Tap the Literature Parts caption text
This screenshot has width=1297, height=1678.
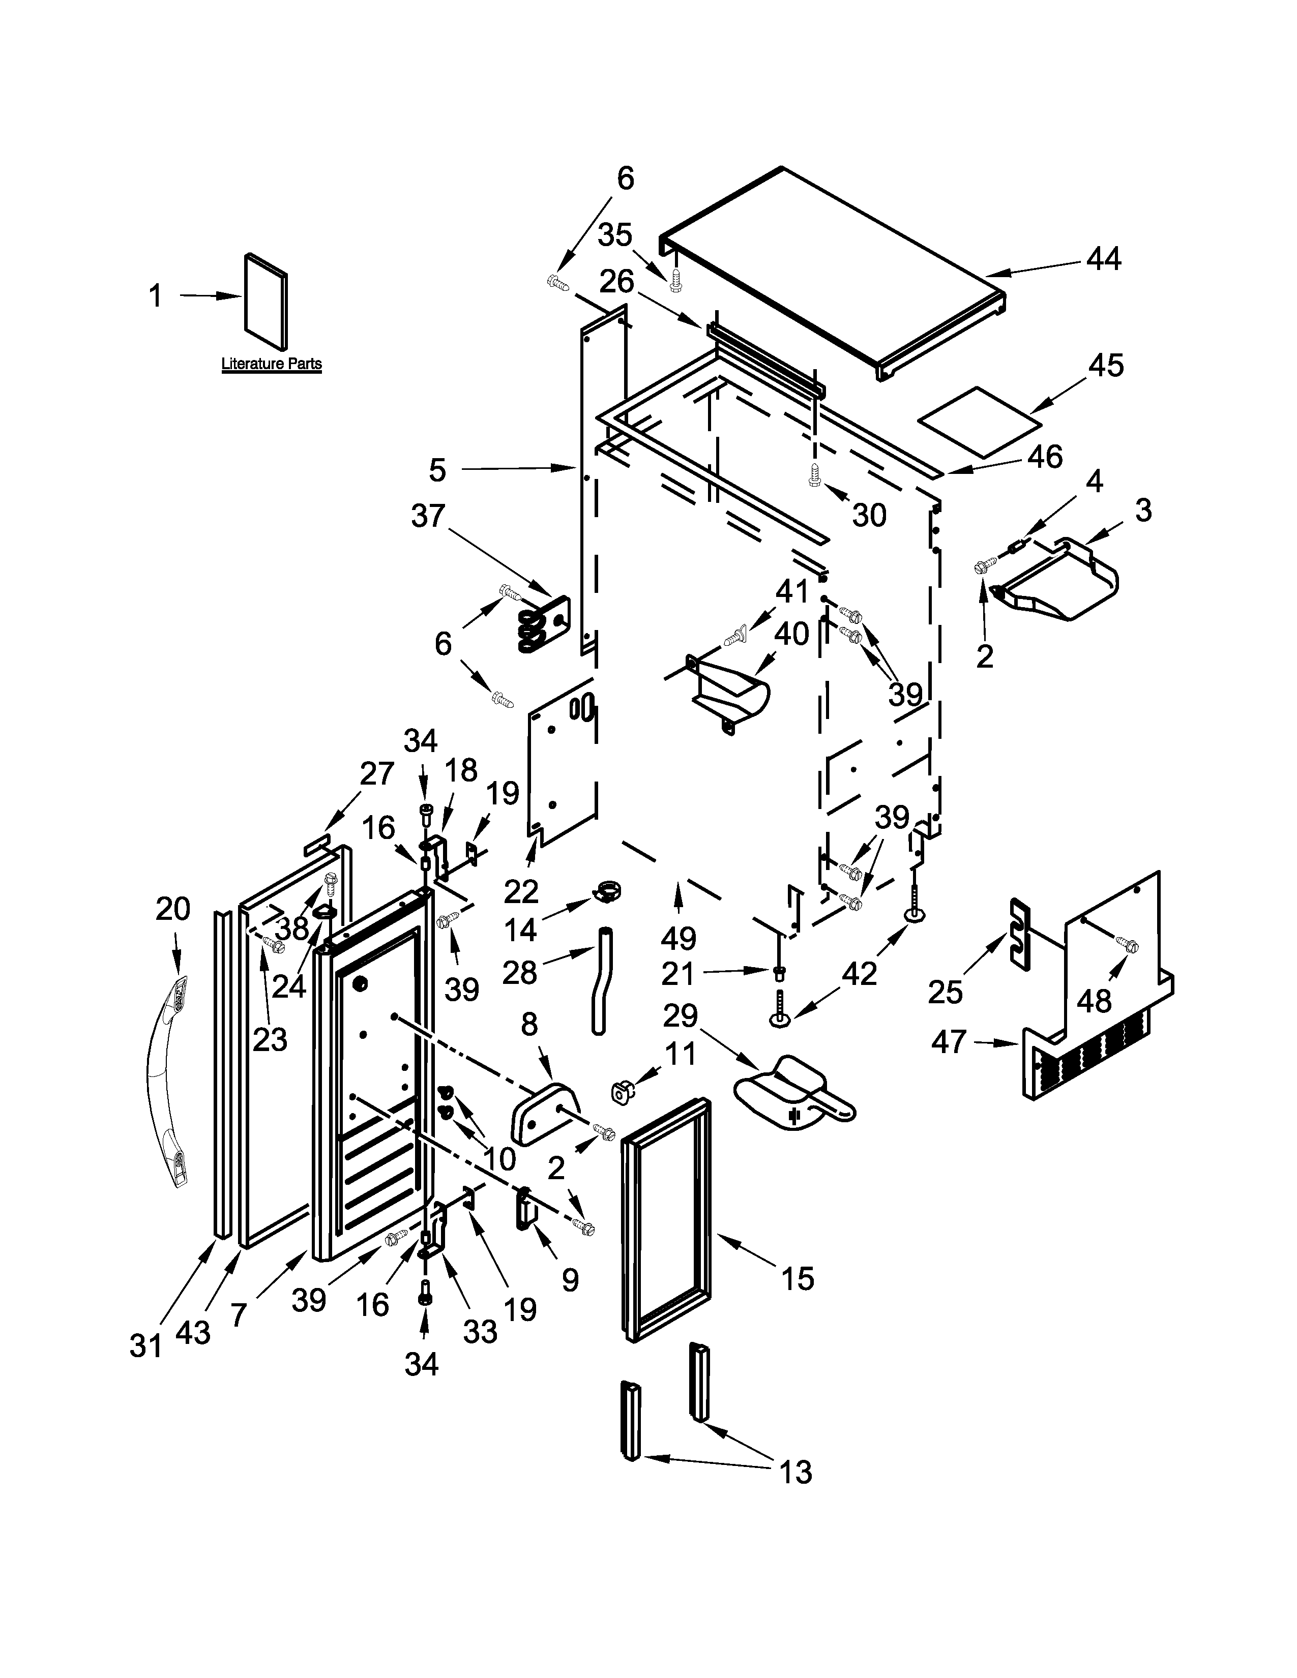point(271,364)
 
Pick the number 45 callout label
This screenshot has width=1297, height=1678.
point(1105,366)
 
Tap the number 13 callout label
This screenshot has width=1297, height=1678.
point(795,1473)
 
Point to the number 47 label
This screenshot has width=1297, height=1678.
point(948,1042)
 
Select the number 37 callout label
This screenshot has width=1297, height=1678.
point(428,516)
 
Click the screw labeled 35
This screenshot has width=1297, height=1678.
point(675,280)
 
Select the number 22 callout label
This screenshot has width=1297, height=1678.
point(521,891)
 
